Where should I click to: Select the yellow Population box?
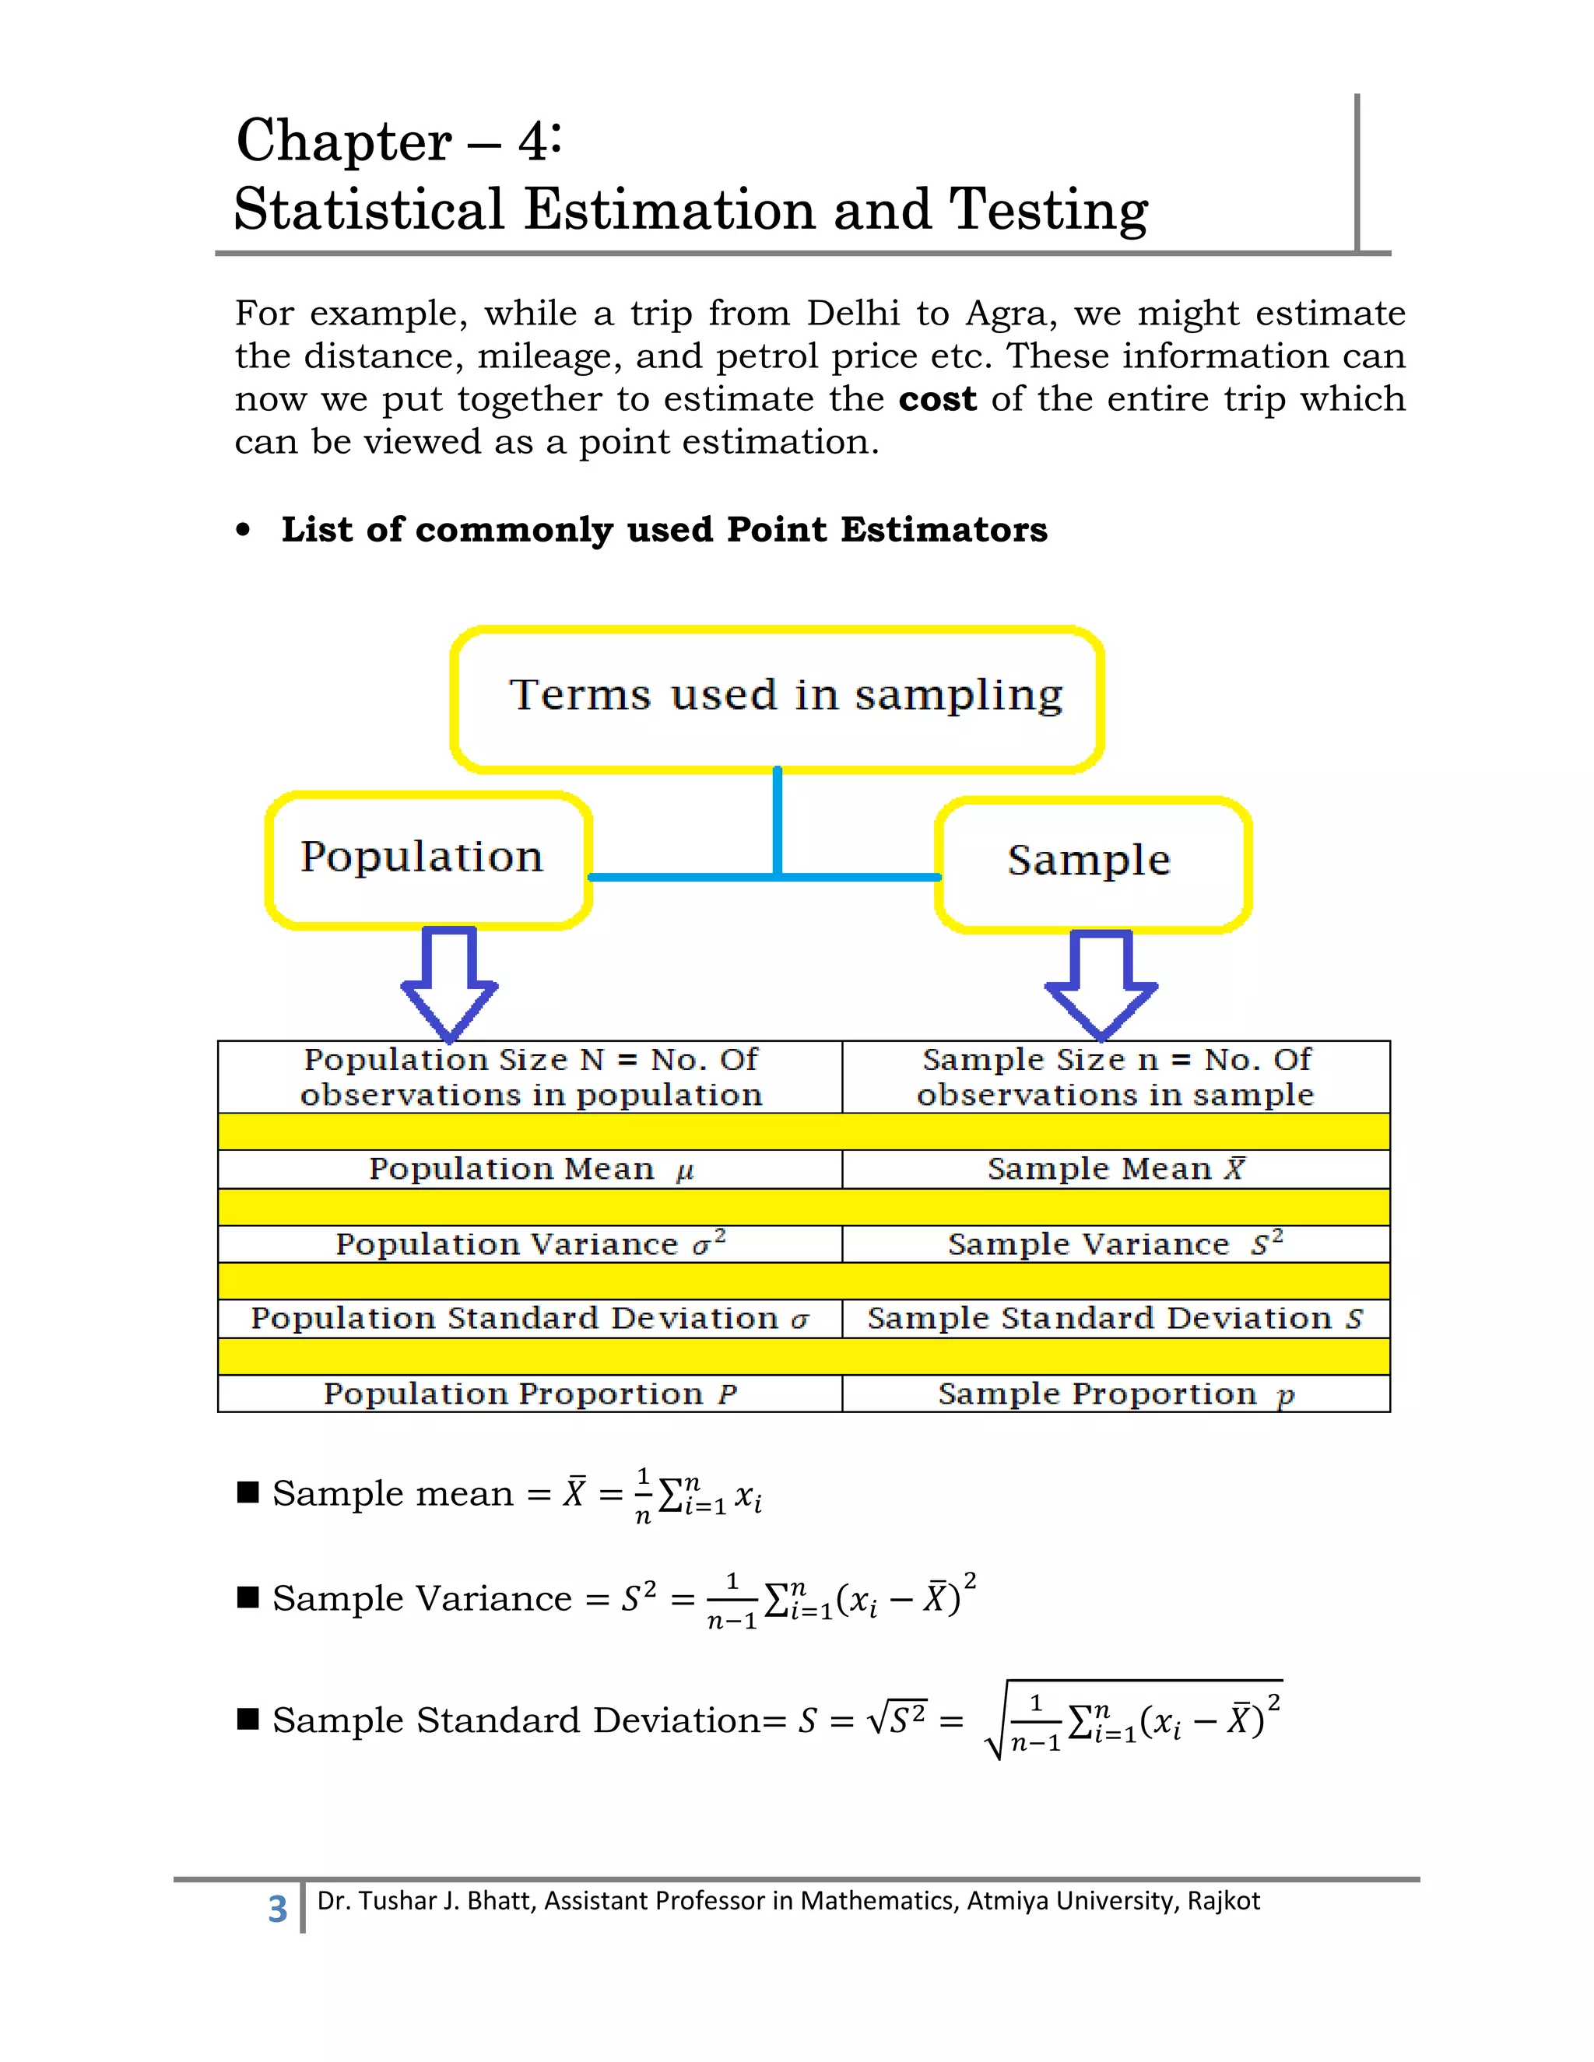pos(428,859)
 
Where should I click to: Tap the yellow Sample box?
pos(1093,864)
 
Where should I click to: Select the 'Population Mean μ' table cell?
pos(530,1169)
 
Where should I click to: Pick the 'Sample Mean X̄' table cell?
pos(1115,1169)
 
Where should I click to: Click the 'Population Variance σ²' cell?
pos(530,1243)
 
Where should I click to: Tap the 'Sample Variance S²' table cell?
pos(1115,1243)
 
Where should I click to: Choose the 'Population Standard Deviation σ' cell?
pos(530,1318)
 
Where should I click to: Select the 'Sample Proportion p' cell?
pos(1115,1394)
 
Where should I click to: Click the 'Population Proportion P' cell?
pos(530,1394)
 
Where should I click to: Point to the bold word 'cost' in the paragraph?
pos(937,399)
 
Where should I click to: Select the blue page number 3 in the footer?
pos(276,1909)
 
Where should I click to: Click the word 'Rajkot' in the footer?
pos(1223,1901)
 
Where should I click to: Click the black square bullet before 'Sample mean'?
pos(248,1492)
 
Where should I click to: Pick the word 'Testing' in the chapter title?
pos(1048,209)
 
